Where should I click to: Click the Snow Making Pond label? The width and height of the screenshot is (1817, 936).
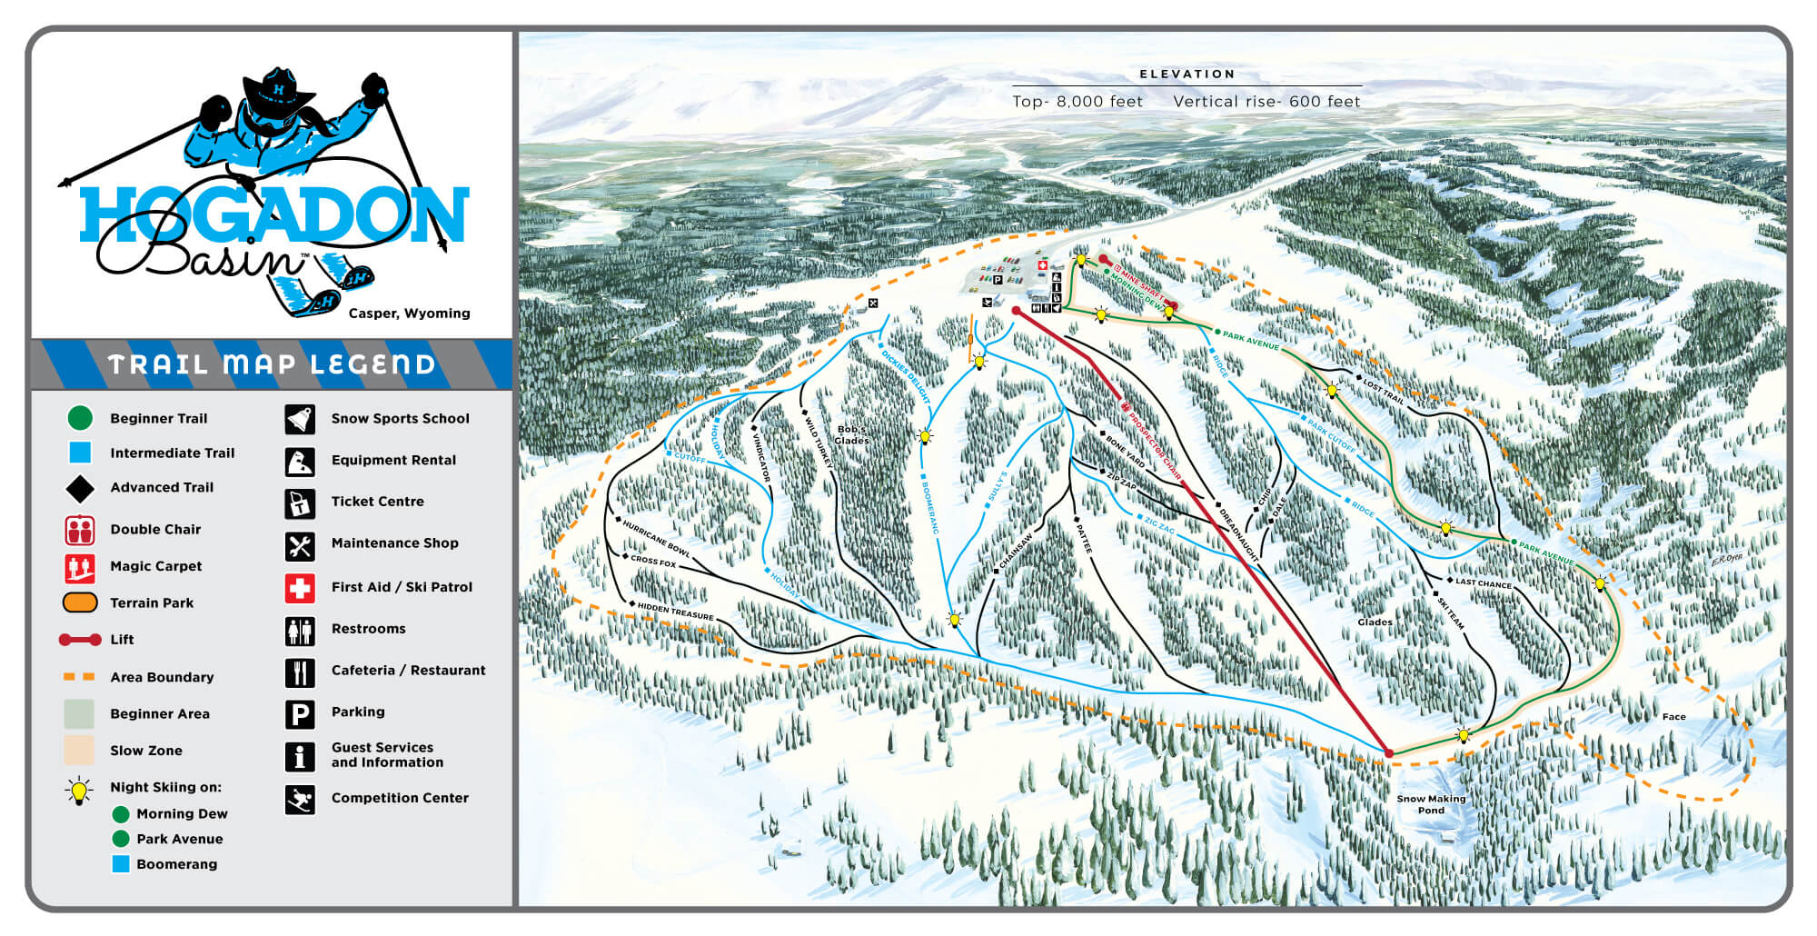(x=1431, y=804)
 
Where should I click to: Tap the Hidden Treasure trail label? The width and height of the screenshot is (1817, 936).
(x=675, y=611)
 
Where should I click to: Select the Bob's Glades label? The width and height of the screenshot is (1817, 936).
(x=851, y=434)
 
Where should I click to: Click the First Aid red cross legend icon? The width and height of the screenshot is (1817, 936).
(x=300, y=588)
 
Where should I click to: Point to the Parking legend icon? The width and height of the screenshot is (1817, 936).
(x=300, y=713)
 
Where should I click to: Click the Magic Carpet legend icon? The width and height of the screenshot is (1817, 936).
(x=80, y=567)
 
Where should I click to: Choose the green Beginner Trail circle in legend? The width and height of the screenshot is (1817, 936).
(x=80, y=418)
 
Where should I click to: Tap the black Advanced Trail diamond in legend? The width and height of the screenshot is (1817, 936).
(x=80, y=489)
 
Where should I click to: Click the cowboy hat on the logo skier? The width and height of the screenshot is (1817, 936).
(x=278, y=91)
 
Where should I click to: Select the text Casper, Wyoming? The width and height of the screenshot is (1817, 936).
(x=409, y=314)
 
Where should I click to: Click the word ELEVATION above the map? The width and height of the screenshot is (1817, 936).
(x=1187, y=75)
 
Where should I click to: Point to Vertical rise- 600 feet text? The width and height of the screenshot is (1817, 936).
(x=1266, y=102)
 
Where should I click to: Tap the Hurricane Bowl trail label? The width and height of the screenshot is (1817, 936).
(x=656, y=538)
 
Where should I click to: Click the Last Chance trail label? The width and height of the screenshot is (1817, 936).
(x=1483, y=583)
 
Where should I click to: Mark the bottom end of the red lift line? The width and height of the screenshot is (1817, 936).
(x=1388, y=752)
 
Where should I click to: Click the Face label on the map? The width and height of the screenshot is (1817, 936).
(x=1673, y=717)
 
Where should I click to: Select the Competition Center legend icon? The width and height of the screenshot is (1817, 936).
(x=300, y=800)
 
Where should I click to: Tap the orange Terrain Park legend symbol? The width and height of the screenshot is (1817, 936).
(x=80, y=602)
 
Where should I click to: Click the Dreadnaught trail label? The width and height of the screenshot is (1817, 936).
(x=1237, y=533)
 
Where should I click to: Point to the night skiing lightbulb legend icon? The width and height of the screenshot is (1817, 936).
(x=80, y=790)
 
